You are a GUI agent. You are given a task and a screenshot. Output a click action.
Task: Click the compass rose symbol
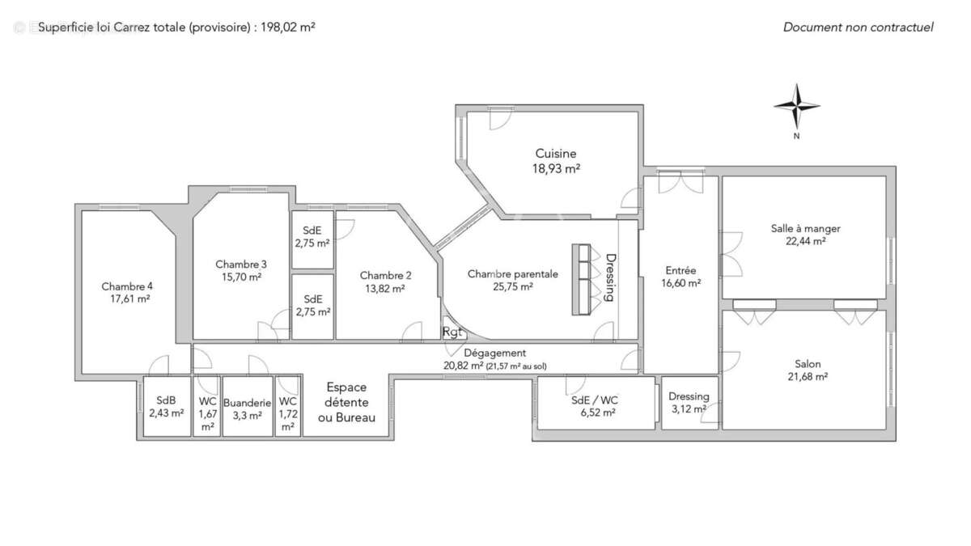(x=797, y=107)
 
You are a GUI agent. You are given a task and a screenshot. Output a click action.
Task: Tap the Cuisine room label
(x=555, y=154)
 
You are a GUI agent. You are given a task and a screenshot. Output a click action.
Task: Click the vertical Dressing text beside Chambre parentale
(x=611, y=277)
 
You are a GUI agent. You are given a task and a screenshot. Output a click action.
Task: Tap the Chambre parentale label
(x=512, y=274)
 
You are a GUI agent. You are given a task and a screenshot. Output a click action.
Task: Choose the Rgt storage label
(x=452, y=332)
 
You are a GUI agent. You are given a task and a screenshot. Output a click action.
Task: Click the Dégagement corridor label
(x=495, y=353)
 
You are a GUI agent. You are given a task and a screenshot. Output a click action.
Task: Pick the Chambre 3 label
(x=241, y=265)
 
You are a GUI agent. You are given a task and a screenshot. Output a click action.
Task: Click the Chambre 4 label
(x=127, y=286)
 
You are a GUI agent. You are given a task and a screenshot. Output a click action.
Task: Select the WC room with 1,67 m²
(x=207, y=413)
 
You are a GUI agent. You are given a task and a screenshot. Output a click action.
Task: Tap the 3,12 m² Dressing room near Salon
(x=689, y=403)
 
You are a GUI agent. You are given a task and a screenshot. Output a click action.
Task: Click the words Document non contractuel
(x=858, y=27)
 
